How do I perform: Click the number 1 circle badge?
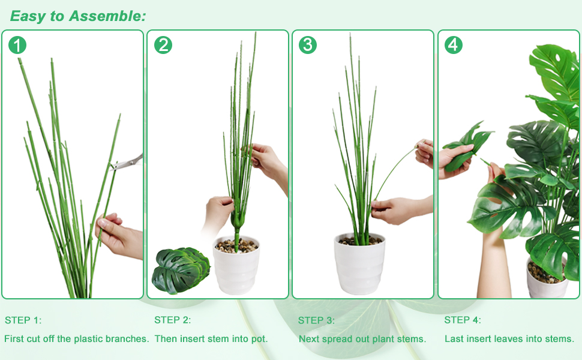point(17,45)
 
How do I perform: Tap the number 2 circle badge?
point(163,45)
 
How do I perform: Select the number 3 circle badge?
point(308,45)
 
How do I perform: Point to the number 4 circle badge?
point(454,45)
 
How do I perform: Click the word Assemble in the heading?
point(107,16)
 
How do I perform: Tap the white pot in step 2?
point(236,265)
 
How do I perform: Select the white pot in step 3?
point(359,264)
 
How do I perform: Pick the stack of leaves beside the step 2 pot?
point(181,270)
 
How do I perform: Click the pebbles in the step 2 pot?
point(236,245)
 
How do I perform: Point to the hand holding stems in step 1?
point(119,236)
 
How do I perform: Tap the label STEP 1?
point(23,320)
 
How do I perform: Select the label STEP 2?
point(173,320)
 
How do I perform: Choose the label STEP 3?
point(316,320)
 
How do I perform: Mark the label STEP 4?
point(463,320)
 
